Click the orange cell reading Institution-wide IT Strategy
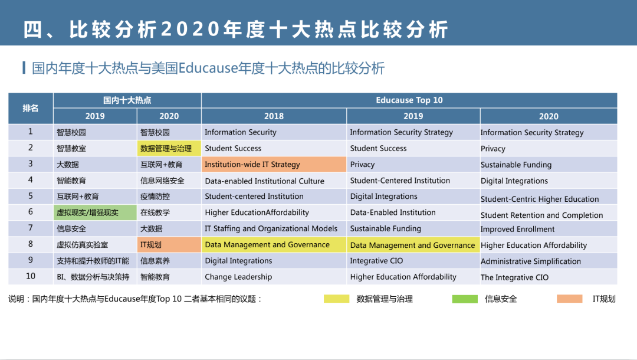(x=274, y=165)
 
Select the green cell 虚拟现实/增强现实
(x=95, y=212)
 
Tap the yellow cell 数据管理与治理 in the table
(x=169, y=148)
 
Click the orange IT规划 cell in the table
(x=169, y=244)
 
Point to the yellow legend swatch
(x=336, y=299)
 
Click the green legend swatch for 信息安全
(x=465, y=299)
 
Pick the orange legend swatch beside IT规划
(x=570, y=299)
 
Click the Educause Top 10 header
(x=409, y=100)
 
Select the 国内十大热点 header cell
(x=127, y=100)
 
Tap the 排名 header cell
(x=31, y=109)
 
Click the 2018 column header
(x=274, y=116)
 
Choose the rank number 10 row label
(x=31, y=276)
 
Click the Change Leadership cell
(x=274, y=277)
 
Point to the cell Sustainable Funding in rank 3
(x=549, y=165)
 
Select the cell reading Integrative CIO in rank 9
(x=413, y=261)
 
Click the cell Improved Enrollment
(x=549, y=229)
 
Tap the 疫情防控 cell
(x=169, y=197)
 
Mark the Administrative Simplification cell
(x=549, y=261)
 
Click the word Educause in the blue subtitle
(x=208, y=68)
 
